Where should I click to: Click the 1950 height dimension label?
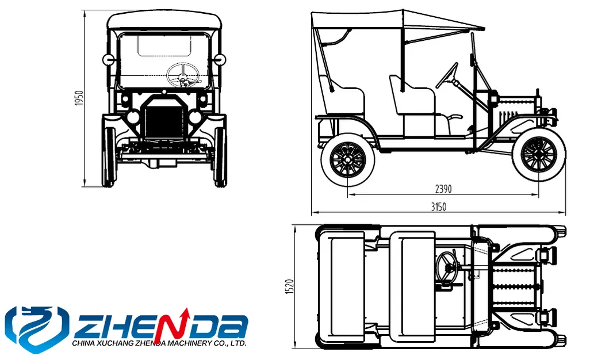coord(79,98)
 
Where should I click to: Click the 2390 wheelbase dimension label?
coord(443,189)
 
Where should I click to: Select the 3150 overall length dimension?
coord(439,206)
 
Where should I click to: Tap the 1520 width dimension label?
coord(290,286)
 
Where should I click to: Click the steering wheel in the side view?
coord(447,75)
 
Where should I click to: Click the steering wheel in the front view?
coord(183,75)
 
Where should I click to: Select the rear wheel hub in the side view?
coord(347,159)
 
